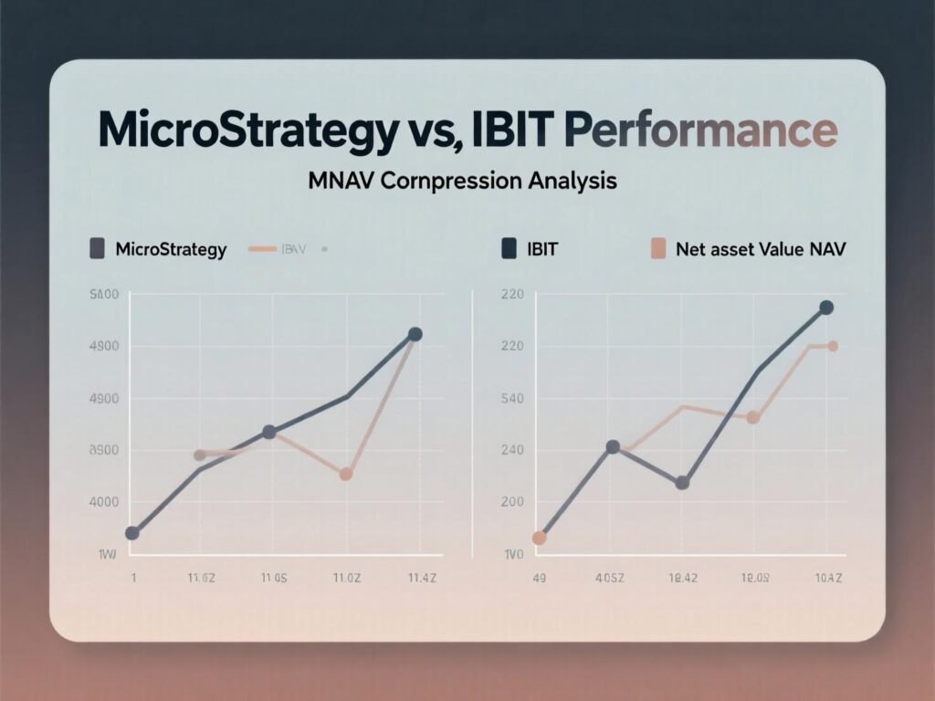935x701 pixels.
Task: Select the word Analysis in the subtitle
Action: (573, 182)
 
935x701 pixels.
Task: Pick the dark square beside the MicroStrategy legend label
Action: (96, 248)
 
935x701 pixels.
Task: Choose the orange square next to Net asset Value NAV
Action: (657, 248)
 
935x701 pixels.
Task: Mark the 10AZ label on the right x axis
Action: (827, 577)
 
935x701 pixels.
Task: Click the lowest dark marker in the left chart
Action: (131, 533)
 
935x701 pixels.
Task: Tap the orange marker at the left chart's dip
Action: (346, 475)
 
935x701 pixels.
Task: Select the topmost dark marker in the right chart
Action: (826, 308)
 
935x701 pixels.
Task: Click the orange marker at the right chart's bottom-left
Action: (539, 538)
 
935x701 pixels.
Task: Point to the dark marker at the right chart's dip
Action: (682, 483)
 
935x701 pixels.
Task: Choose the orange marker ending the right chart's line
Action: (833, 346)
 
